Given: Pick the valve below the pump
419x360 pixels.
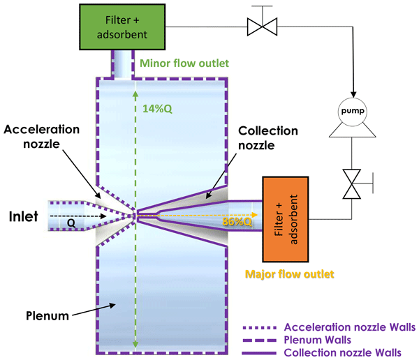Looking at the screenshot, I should (353, 183).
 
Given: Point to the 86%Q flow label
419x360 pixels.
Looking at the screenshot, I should (237, 222).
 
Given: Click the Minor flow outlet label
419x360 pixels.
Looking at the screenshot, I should (184, 63).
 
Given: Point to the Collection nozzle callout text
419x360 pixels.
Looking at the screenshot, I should (268, 138).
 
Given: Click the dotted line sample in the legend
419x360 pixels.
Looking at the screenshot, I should (262, 327).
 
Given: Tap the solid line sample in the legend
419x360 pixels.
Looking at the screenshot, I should (262, 353).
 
